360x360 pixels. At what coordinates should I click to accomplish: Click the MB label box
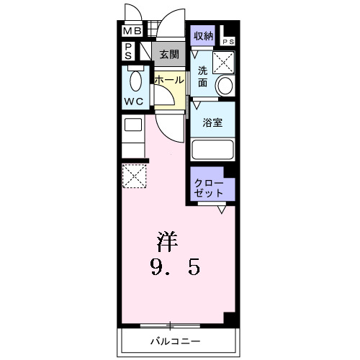[132, 31]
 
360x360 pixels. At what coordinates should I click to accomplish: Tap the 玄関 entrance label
[169, 53]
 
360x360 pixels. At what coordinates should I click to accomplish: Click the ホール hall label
[169, 80]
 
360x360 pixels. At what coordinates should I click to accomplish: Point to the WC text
[134, 100]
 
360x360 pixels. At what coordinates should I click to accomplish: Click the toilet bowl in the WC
[135, 78]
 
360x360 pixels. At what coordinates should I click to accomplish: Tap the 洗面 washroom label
[203, 77]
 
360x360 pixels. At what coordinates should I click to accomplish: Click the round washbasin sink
[225, 86]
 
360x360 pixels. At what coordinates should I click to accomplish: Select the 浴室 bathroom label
[212, 122]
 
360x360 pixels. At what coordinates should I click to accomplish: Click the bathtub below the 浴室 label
[213, 150]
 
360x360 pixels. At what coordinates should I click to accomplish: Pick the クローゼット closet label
[208, 188]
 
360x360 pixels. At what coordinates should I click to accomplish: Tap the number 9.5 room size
[175, 269]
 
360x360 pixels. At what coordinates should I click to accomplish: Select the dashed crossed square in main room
[134, 176]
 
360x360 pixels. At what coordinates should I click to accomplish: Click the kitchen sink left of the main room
[132, 126]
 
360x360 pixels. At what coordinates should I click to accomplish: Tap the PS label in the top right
[228, 41]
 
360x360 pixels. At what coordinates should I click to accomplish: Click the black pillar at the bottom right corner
[230, 319]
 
